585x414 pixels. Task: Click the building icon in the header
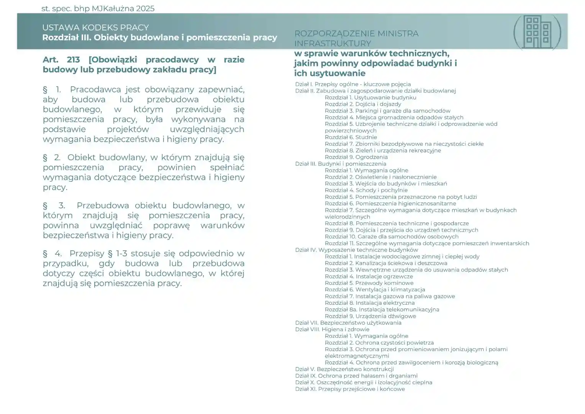[x=537, y=32]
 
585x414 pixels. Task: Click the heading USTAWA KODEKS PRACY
[x=95, y=28]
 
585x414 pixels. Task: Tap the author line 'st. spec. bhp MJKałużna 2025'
[x=98, y=8]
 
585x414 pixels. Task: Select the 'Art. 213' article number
[x=61, y=60]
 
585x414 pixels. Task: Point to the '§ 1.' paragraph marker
[x=52, y=90]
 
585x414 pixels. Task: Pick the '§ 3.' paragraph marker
[x=54, y=205]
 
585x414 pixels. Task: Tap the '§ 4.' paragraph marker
[x=52, y=253]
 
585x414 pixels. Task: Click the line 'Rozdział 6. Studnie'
[x=351, y=137]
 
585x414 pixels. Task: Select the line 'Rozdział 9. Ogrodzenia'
[x=356, y=157]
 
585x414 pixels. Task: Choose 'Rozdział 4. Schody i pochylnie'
[x=366, y=190]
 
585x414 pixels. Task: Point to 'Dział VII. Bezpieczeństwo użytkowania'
[x=348, y=323]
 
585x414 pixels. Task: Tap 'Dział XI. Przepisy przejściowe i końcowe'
[x=350, y=389]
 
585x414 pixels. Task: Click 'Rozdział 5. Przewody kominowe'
[x=369, y=283]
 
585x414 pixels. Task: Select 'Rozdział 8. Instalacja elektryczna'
[x=369, y=303]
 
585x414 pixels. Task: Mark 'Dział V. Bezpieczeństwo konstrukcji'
[x=344, y=369]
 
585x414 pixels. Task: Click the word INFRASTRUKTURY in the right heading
[x=333, y=43]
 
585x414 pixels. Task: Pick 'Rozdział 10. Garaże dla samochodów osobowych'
[x=392, y=237]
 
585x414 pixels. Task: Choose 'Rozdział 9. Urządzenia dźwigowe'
[x=370, y=316]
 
